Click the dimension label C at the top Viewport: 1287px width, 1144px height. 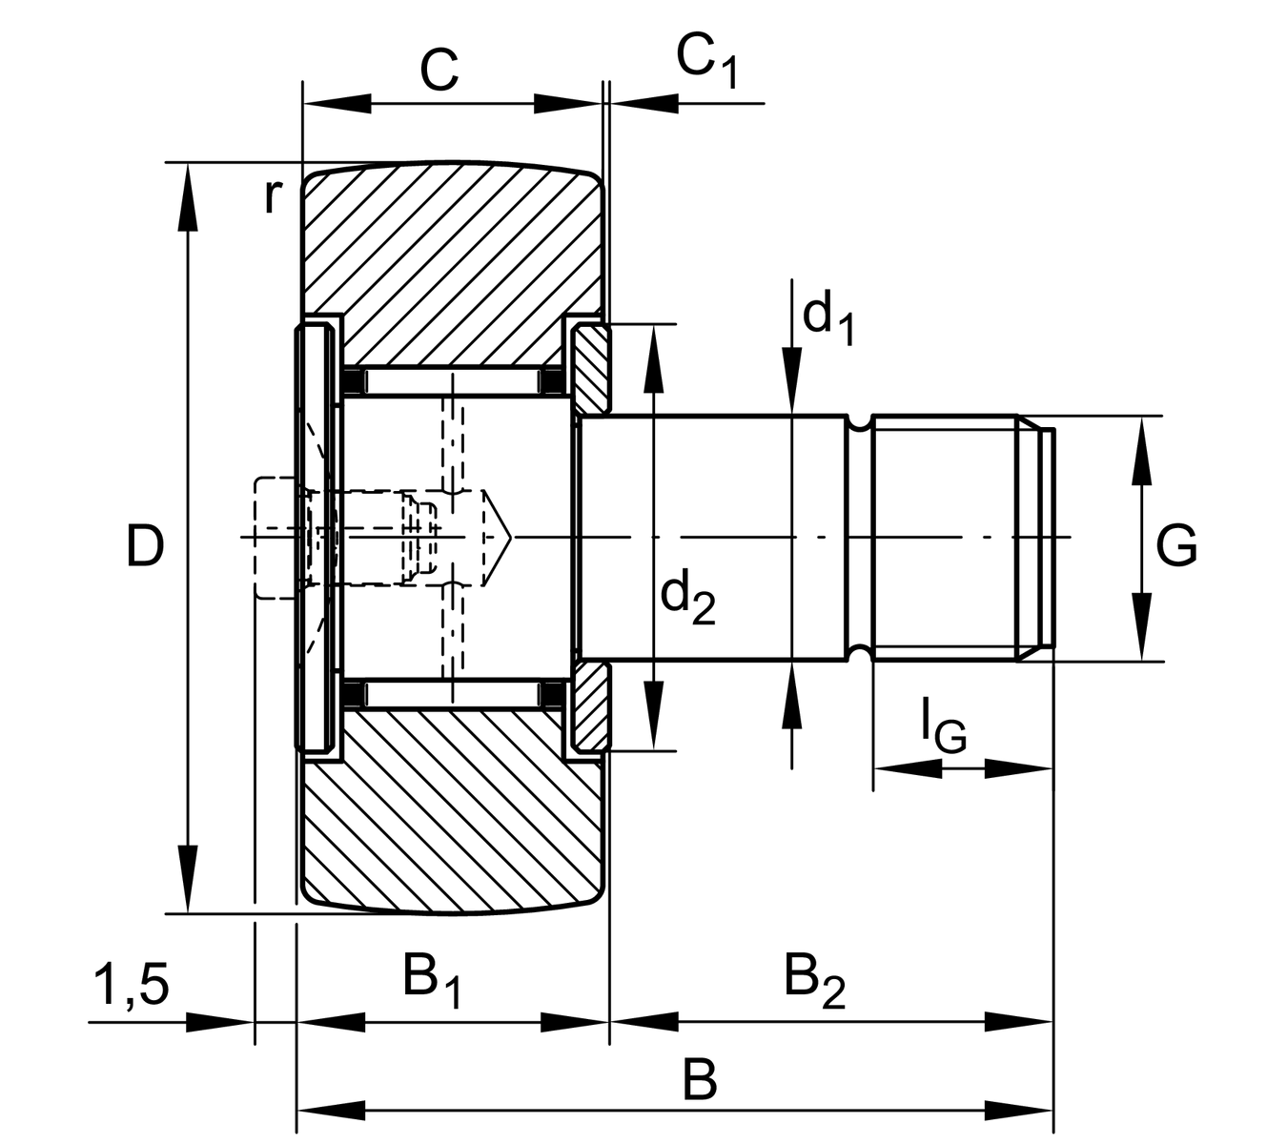[439, 69]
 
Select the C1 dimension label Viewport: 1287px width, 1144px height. [706, 60]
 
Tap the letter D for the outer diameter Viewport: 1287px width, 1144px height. [145, 547]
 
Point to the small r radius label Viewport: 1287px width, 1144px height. [273, 196]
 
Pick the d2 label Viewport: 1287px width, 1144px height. [687, 598]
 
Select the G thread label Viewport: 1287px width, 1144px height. [1176, 547]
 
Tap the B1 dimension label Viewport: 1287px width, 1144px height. [432, 982]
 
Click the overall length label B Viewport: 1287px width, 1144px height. [700, 1082]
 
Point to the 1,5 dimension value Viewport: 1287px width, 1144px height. [131, 985]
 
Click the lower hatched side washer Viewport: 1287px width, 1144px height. [592, 707]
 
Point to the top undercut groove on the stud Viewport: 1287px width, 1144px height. [860, 421]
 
